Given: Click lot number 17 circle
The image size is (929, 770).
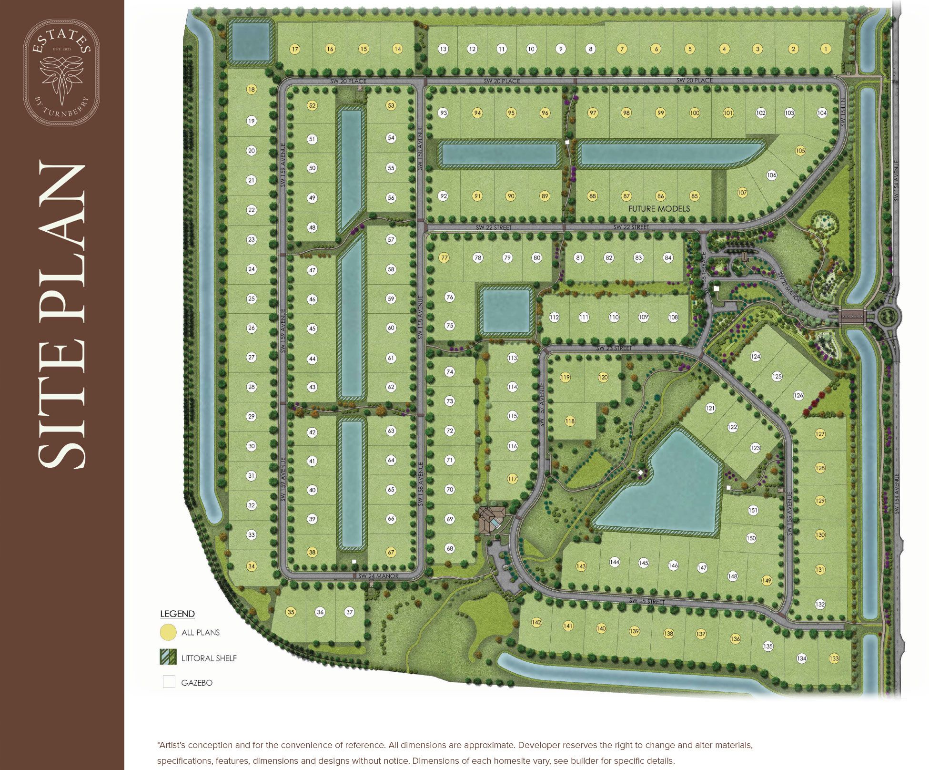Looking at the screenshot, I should (295, 49).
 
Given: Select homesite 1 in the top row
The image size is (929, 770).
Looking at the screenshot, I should (826, 49).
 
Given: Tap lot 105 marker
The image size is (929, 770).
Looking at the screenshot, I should (800, 151).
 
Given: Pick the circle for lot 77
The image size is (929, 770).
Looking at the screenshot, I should (444, 257).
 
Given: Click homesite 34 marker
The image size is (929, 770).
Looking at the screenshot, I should (252, 566).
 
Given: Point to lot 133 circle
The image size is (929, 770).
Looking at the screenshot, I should (834, 658).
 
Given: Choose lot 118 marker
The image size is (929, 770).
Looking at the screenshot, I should (570, 421).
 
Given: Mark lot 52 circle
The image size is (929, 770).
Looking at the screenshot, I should (312, 105).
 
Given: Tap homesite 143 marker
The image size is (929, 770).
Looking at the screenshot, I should (581, 566).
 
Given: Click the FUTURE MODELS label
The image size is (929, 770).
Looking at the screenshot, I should (659, 209).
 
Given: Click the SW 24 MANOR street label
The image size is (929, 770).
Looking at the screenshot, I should (378, 576).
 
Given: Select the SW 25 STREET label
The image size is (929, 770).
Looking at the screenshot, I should (646, 601).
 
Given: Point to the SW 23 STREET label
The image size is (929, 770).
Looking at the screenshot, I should (614, 348).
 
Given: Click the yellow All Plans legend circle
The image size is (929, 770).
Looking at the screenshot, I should (168, 632).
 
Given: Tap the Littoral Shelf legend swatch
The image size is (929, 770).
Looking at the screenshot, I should (168, 657).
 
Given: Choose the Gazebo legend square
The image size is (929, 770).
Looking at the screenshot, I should (169, 682).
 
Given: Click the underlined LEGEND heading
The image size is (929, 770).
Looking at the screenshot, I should (177, 614).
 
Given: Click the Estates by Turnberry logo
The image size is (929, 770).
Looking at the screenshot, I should (62, 72).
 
